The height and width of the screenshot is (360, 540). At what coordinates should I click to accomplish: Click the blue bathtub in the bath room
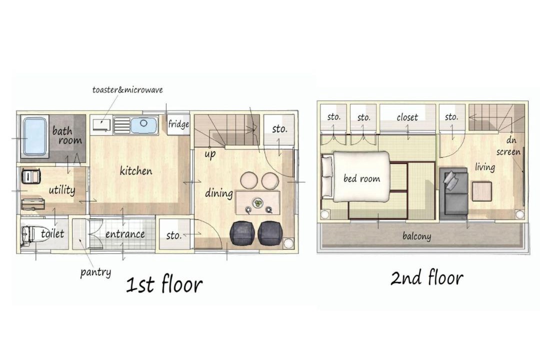pos(34,137)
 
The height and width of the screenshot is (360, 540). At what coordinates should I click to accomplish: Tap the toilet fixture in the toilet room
pos(28,235)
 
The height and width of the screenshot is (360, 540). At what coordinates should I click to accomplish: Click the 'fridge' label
pos(178,123)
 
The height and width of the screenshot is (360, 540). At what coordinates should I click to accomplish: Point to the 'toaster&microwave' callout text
pos(127,90)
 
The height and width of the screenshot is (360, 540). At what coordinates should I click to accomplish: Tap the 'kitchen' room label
pos(135,170)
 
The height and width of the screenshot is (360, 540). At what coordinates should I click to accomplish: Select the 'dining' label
pos(219,193)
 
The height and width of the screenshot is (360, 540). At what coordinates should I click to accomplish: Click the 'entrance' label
pos(125,234)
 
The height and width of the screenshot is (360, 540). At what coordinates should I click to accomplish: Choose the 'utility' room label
pos(61,190)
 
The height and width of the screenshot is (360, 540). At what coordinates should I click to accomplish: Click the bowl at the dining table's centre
pos(257,203)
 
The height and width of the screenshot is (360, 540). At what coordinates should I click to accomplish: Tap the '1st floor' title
pos(164,285)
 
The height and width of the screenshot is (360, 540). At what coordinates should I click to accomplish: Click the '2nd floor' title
pos(426,277)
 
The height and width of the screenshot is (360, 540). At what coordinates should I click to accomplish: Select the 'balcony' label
pos(416,236)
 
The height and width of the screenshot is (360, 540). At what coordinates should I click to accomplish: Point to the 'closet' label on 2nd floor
pos(407,117)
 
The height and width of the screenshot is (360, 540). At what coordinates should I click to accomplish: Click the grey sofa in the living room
pos(453,192)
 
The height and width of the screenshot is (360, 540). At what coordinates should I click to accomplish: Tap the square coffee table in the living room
pos(482,191)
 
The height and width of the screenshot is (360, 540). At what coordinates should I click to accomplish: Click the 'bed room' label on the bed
pos(362,178)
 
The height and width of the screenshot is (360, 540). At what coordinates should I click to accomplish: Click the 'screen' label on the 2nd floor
pos(508,152)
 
